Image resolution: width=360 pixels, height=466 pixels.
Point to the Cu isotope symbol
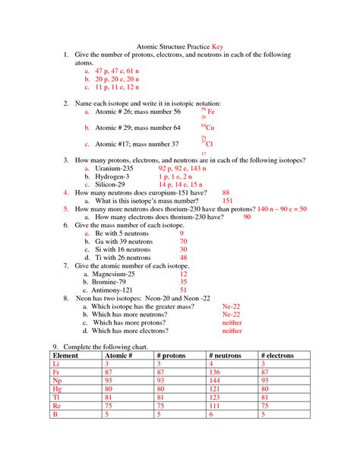[x=208, y=127]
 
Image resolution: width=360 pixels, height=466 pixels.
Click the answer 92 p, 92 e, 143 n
[x=183, y=168]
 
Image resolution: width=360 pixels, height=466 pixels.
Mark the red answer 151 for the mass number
[x=227, y=201]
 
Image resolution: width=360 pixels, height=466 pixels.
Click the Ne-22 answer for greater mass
[x=231, y=306]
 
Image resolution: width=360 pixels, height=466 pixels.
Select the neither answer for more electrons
[x=232, y=331]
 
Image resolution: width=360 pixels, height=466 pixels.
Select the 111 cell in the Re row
[x=216, y=406]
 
